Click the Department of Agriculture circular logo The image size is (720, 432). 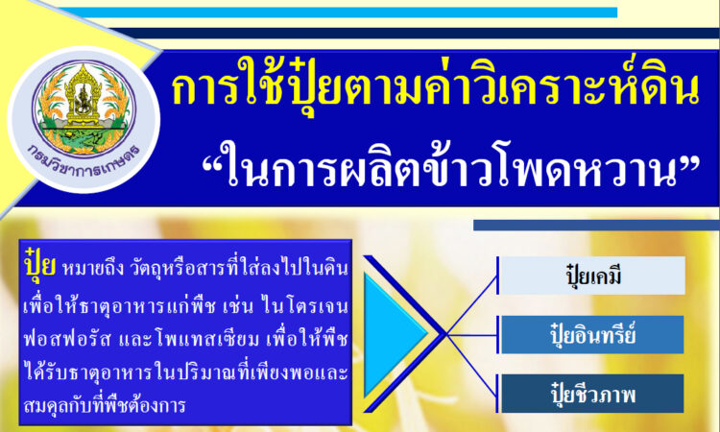tap(84, 119)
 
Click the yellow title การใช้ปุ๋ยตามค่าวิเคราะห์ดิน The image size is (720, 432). tap(435, 86)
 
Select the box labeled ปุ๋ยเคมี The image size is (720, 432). tap(591, 276)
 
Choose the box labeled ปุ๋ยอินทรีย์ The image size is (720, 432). tap(591, 335)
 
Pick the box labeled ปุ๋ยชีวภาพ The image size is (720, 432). tap(591, 394)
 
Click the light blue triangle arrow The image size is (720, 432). tap(394, 334)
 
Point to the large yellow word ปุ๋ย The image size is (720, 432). tap(40, 264)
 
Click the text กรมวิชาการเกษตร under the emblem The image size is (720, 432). tap(84, 161)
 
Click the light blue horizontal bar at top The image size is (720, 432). tap(339, 12)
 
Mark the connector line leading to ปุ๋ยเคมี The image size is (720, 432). tap(471, 305)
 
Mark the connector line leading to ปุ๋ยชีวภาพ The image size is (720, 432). tap(471, 365)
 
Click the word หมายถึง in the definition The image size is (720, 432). tap(93, 269)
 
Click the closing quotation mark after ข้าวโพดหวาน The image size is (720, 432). tap(689, 160)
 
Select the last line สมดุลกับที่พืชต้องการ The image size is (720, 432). tap(105, 405)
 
